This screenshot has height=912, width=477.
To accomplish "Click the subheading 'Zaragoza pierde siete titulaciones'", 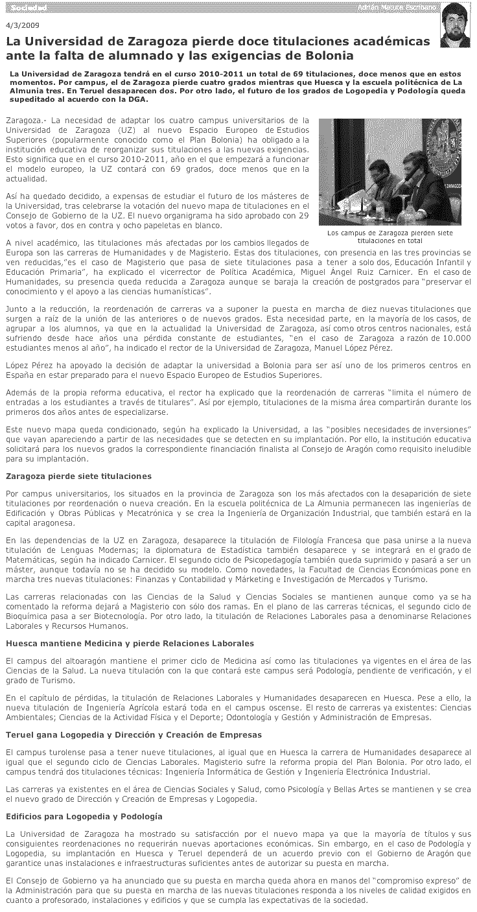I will (x=78, y=476).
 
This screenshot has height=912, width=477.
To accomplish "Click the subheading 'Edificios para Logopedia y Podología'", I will (x=84, y=815).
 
